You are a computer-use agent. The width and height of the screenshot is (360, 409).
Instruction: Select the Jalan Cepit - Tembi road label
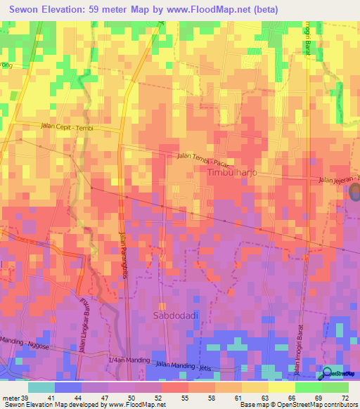[67, 127]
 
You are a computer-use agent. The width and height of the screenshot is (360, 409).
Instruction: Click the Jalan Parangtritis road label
[125, 249]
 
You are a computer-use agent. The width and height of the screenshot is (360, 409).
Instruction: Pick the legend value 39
[26, 397]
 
